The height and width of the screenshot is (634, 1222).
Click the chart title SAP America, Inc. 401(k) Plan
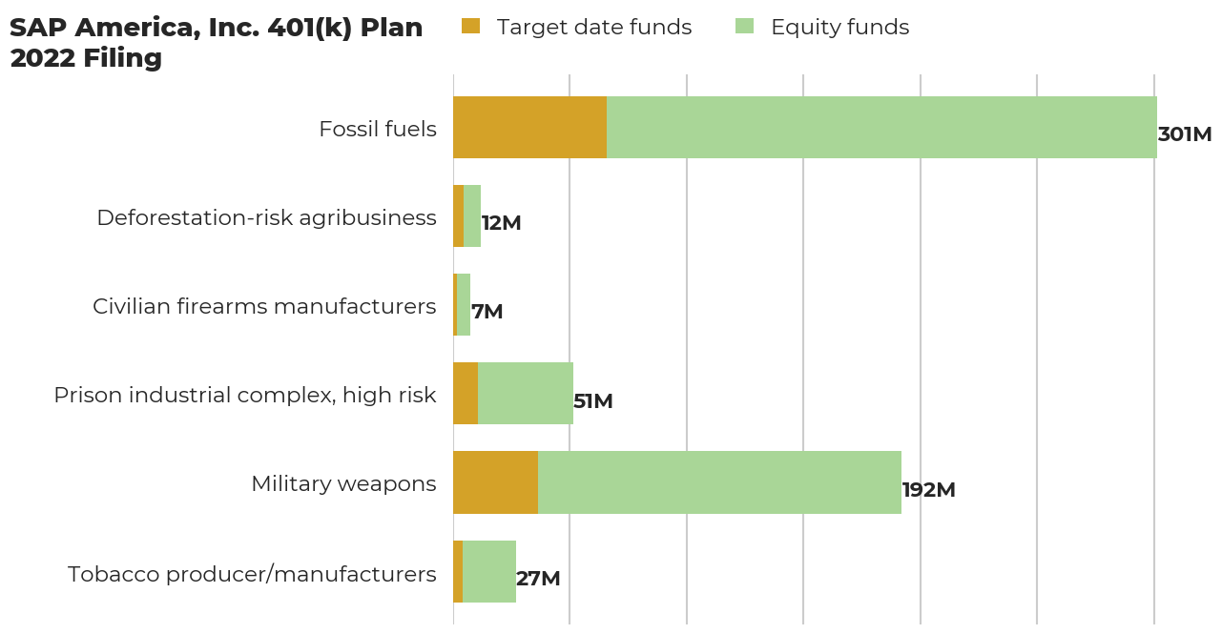pyautogui.click(x=216, y=29)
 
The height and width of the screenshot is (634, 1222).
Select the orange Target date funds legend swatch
pyautogui.click(x=470, y=27)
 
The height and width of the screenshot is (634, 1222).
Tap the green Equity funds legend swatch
pyautogui.click(x=744, y=27)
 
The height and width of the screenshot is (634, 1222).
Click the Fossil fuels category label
pyautogui.click(x=378, y=129)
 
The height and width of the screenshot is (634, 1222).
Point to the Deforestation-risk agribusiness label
pyautogui.click(x=266, y=217)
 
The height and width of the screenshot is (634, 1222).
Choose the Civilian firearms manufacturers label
pyautogui.click(x=264, y=306)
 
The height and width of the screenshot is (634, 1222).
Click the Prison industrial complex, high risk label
pyautogui.click(x=245, y=395)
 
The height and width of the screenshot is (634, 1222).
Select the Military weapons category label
pyautogui.click(x=343, y=483)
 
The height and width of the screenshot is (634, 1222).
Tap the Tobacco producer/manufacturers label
pyautogui.click(x=252, y=574)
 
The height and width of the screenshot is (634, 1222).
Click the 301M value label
pyautogui.click(x=1184, y=134)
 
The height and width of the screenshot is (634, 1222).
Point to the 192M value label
pyautogui.click(x=928, y=490)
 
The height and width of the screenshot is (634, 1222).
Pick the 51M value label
pyautogui.click(x=592, y=401)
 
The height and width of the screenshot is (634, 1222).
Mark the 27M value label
pyautogui.click(x=538, y=579)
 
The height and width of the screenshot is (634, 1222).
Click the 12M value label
pyautogui.click(x=501, y=223)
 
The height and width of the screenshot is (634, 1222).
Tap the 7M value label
pyautogui.click(x=487, y=312)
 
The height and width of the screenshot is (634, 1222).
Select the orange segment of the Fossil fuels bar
pyautogui.click(x=529, y=127)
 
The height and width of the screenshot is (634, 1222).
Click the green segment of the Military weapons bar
pyautogui.click(x=719, y=482)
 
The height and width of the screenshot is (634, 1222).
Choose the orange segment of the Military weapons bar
pyautogui.click(x=495, y=482)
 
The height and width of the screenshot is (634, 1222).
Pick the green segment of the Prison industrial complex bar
pyautogui.click(x=525, y=393)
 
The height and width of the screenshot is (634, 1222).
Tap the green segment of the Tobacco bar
pyautogui.click(x=488, y=571)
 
